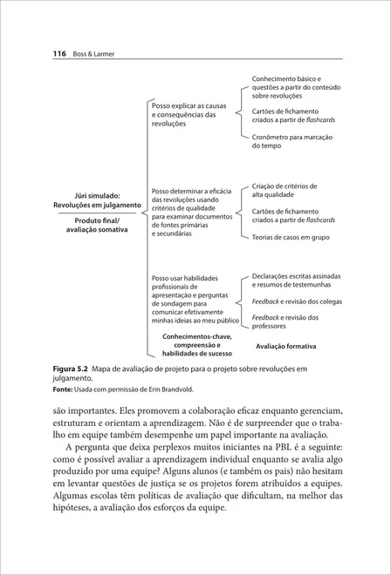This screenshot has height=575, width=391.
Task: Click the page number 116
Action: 58,53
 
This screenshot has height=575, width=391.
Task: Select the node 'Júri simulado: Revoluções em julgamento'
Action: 96,200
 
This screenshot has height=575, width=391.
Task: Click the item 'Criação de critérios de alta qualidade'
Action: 285,191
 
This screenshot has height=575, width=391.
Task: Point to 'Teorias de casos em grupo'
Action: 291,237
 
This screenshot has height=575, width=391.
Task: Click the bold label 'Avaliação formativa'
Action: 285,346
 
